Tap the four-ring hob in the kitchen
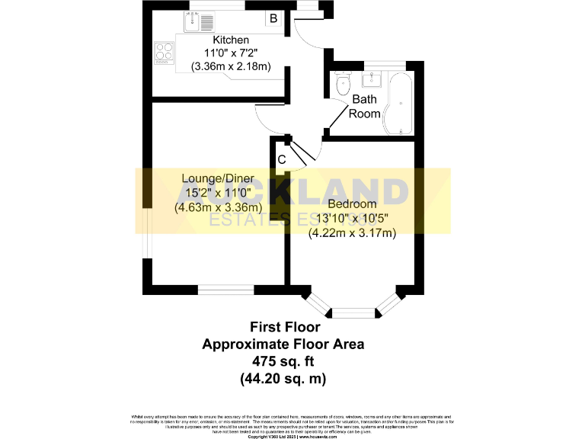tap(164, 52)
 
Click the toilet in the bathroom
tap(341, 83)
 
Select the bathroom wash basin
tap(374, 79)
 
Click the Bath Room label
tap(364, 107)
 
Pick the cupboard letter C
tap(281, 159)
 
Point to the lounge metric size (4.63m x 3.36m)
tap(218, 207)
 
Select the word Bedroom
tap(352, 204)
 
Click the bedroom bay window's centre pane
tap(354, 311)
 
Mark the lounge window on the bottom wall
tap(225, 289)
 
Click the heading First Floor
tap(283, 328)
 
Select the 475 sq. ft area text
tap(283, 360)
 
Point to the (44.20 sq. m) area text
tap(283, 377)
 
